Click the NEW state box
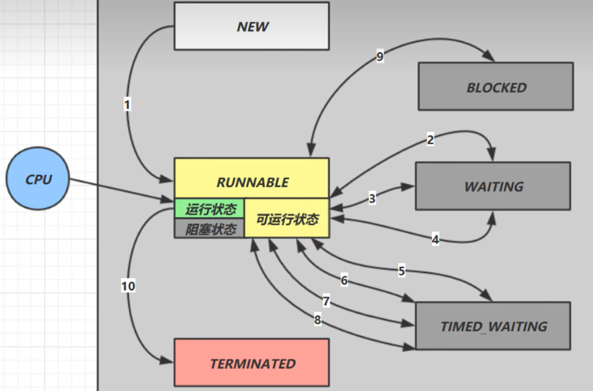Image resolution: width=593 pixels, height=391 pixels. click(x=252, y=26)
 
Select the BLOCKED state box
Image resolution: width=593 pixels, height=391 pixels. click(x=496, y=87)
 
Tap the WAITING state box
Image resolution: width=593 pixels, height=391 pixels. click(x=493, y=186)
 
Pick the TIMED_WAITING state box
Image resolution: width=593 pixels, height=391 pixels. click(x=493, y=326)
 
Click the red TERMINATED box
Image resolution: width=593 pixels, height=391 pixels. click(x=252, y=363)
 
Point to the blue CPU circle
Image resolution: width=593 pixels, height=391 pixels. click(x=38, y=179)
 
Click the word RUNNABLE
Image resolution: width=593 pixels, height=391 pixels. click(x=252, y=182)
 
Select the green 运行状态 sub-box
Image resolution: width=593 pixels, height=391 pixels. click(x=210, y=209)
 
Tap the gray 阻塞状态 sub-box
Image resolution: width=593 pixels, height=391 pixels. click(x=210, y=229)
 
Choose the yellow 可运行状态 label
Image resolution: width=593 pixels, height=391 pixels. click(x=287, y=219)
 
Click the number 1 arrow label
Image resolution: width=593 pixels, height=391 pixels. click(x=127, y=105)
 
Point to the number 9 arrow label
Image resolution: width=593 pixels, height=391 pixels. click(x=380, y=56)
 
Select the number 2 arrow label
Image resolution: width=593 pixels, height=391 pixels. click(x=430, y=140)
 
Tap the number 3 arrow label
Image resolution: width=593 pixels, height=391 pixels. click(x=372, y=198)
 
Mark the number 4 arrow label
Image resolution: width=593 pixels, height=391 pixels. click(x=435, y=239)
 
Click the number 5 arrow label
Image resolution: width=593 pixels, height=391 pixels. click(x=401, y=271)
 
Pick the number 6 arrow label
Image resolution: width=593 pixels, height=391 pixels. click(x=344, y=280)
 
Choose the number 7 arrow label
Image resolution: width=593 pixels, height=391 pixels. click(x=326, y=301)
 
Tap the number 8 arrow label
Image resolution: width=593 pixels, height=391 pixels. click(x=317, y=320)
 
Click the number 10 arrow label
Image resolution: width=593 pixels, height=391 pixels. click(x=128, y=286)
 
